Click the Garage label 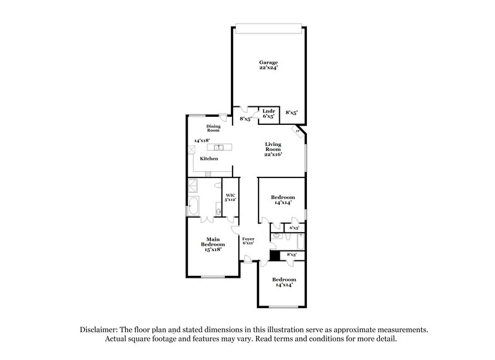[x=268, y=62]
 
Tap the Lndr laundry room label [x=268, y=112]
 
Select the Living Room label [x=273, y=147]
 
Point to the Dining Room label [x=213, y=128]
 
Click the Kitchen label [x=209, y=159]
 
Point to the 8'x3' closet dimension [x=291, y=254]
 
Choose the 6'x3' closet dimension [x=293, y=228]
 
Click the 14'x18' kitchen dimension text [x=200, y=140]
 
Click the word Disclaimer [x=98, y=330]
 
